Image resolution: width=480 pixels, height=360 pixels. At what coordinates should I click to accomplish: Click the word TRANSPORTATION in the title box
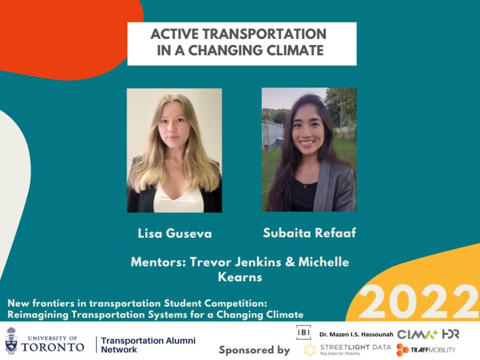click(265, 34)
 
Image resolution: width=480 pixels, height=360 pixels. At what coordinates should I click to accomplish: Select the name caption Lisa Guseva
click(175, 233)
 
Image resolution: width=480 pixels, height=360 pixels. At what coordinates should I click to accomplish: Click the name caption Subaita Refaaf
click(310, 233)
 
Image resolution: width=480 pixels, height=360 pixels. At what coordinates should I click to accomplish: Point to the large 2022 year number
click(419, 302)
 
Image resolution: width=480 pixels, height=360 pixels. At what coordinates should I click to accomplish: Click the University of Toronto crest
click(11, 340)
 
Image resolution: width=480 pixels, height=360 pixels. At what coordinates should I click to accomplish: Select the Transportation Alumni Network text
click(148, 345)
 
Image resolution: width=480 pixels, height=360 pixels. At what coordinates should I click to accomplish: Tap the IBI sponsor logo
click(304, 332)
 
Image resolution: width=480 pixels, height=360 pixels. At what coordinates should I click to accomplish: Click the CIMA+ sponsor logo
click(418, 334)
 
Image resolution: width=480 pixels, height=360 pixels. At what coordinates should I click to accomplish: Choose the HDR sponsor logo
click(451, 334)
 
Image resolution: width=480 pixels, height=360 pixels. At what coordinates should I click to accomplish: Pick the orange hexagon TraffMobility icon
click(403, 350)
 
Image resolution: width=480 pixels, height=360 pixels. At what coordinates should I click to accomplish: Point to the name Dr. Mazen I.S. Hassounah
click(356, 334)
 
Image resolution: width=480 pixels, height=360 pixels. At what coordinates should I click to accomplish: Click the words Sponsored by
click(254, 350)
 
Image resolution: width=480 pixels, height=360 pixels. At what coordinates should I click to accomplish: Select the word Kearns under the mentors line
click(240, 277)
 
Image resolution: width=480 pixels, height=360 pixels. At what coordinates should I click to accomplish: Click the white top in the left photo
click(178, 199)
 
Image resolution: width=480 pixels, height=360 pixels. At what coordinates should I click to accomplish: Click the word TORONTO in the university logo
click(53, 347)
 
